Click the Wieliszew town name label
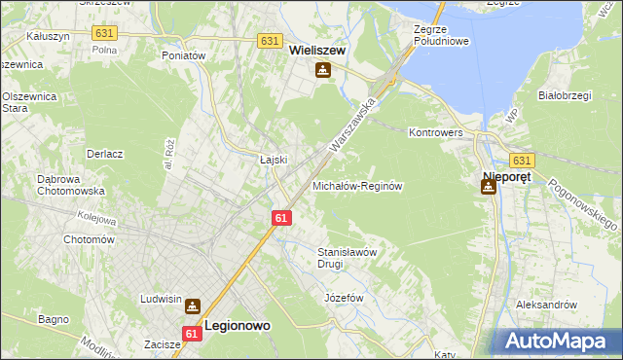pos(318,51)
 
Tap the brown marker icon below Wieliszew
pos(322,70)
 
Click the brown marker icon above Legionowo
pos(193,306)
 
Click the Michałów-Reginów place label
pos(357,185)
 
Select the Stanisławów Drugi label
pos(347,257)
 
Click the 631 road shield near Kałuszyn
pos(104,33)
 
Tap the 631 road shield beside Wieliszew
pos(272,42)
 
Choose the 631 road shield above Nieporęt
pos(522,161)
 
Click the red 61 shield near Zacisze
pos(192,334)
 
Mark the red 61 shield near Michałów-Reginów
pos(280,219)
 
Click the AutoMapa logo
pos(558,341)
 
